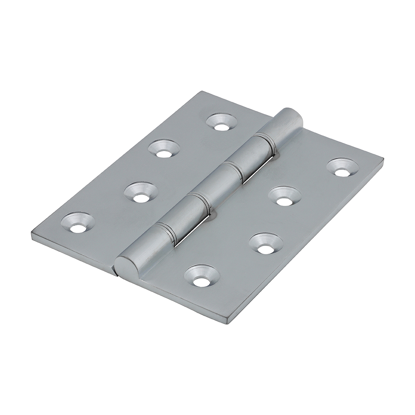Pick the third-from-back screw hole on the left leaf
click(141, 193)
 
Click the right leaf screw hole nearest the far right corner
click(342, 168)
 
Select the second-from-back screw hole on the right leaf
click(284, 197)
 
